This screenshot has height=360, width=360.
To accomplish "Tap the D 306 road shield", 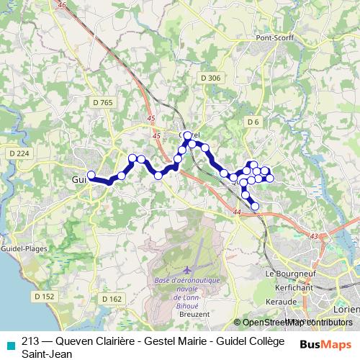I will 211,77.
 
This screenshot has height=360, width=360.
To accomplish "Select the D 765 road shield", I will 103,103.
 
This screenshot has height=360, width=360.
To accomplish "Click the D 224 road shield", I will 19,153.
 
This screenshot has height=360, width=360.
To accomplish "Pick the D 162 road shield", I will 112,298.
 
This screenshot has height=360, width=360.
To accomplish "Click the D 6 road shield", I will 252,122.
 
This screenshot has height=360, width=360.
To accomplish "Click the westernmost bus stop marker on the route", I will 91,174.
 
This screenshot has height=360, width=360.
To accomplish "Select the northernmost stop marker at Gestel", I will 189,135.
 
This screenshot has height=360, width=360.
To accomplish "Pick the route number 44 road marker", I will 237,212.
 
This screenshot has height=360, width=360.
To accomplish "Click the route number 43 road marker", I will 313,235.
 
